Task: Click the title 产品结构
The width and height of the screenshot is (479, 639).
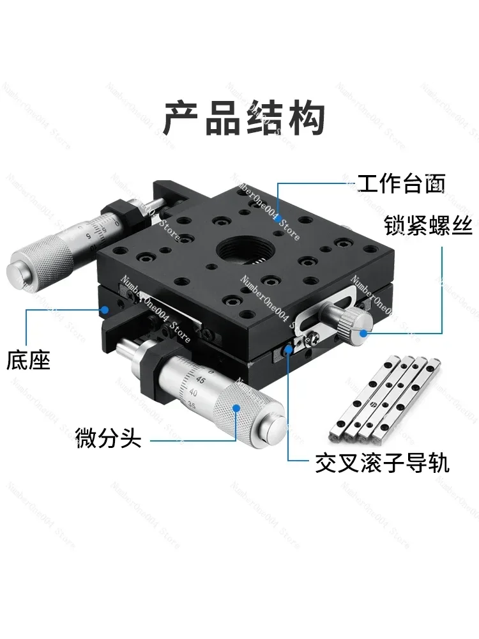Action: pyautogui.click(x=245, y=118)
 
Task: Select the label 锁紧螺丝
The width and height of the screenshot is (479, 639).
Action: pyautogui.click(x=427, y=226)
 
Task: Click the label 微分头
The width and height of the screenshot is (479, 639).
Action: pyautogui.click(x=108, y=439)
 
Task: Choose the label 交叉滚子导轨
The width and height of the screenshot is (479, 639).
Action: pyautogui.click(x=382, y=463)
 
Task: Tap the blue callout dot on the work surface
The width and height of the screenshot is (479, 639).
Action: pyautogui.click(x=279, y=219)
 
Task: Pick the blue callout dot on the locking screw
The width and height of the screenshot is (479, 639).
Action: pyautogui.click(x=362, y=332)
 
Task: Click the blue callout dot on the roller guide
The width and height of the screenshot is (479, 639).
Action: pyautogui.click(x=288, y=348)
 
